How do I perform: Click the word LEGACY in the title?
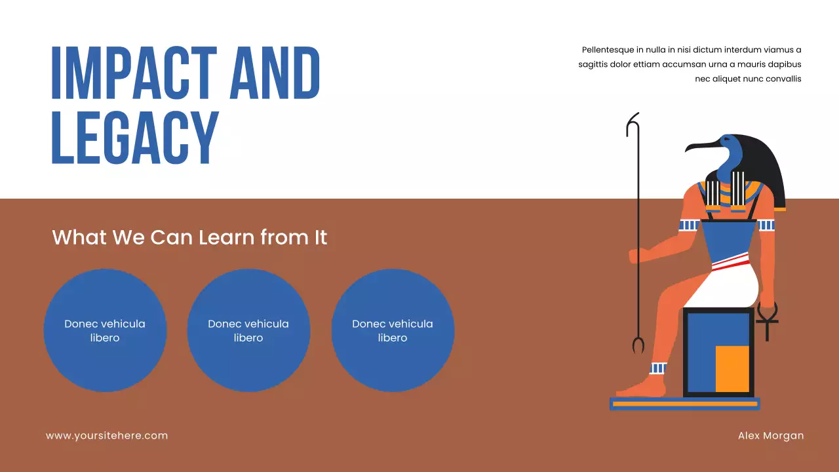click(134, 138)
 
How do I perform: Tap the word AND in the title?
click(275, 73)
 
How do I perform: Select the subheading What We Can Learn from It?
click(189, 237)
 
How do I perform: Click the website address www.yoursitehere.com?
click(107, 435)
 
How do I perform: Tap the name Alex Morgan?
click(770, 435)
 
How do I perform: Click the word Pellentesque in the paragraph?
click(606, 50)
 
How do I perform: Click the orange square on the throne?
click(732, 368)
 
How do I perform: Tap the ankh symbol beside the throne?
click(768, 319)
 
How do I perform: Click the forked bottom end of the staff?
click(638, 345)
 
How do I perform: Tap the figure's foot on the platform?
click(639, 389)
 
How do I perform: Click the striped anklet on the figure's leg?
click(658, 368)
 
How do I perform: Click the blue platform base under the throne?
click(684, 404)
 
